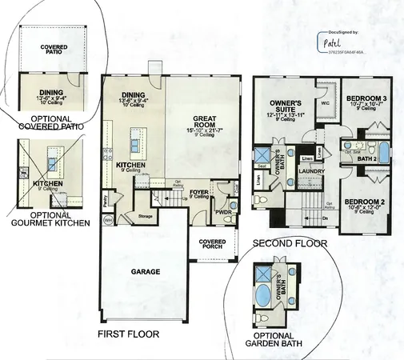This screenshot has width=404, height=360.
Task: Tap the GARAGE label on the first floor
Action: (146, 271)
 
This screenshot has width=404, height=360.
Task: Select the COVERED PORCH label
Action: (211, 245)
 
